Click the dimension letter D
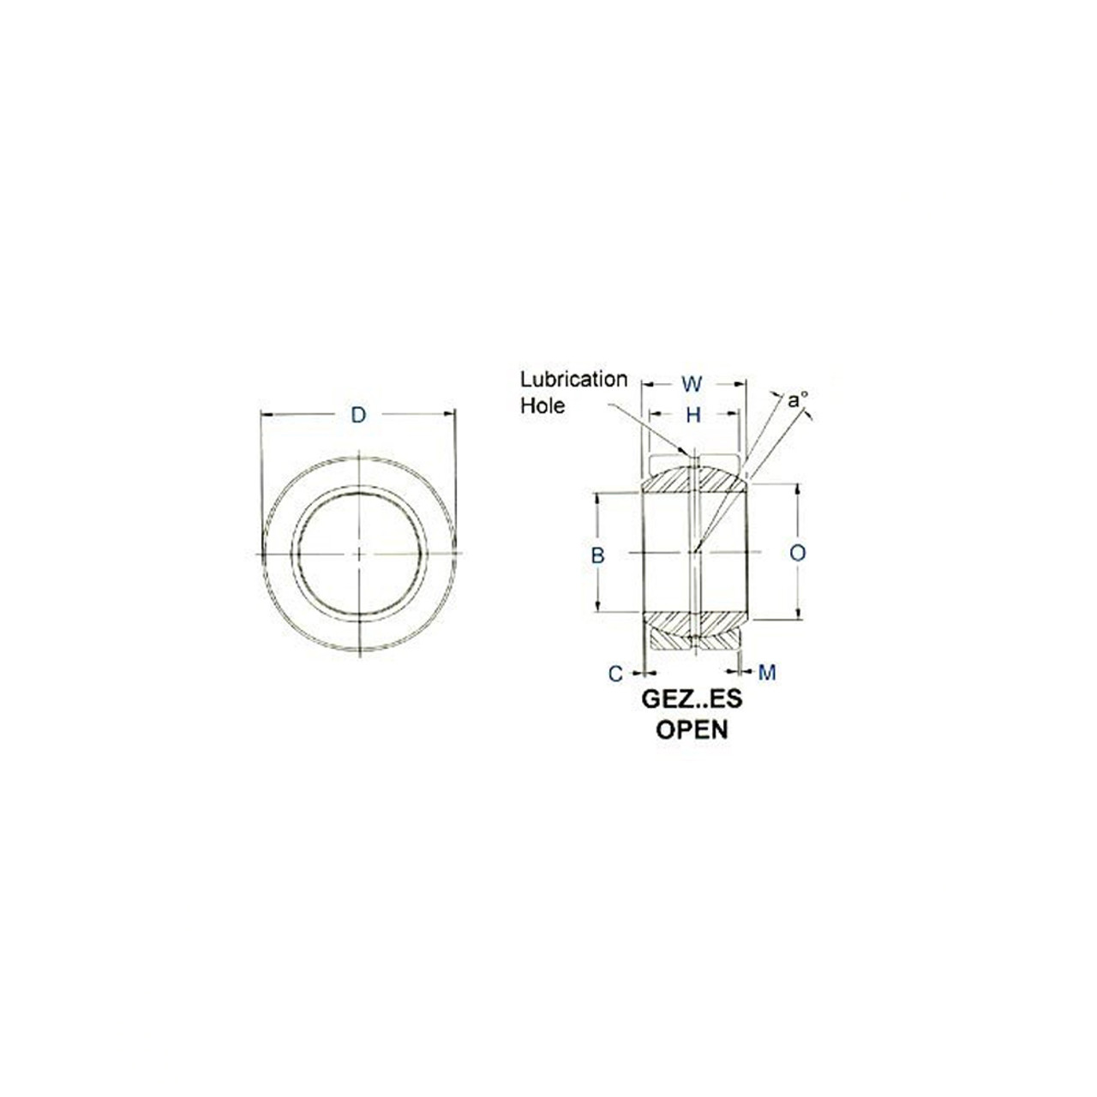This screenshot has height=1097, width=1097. (x=358, y=416)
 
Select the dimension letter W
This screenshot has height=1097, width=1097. (x=691, y=384)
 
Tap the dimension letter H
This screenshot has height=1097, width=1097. (x=693, y=416)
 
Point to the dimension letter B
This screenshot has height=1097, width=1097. (x=597, y=555)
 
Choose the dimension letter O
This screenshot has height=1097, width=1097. (x=797, y=554)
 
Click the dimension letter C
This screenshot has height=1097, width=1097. (x=615, y=674)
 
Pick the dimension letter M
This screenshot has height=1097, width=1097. (x=767, y=674)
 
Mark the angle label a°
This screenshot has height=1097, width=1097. (x=797, y=399)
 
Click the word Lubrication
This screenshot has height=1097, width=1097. (x=573, y=379)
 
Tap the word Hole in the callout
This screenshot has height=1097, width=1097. (x=543, y=405)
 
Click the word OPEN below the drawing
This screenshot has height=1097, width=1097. (x=692, y=730)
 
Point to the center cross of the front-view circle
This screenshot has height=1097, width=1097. (x=359, y=554)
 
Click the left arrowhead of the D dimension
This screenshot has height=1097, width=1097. (x=265, y=416)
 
